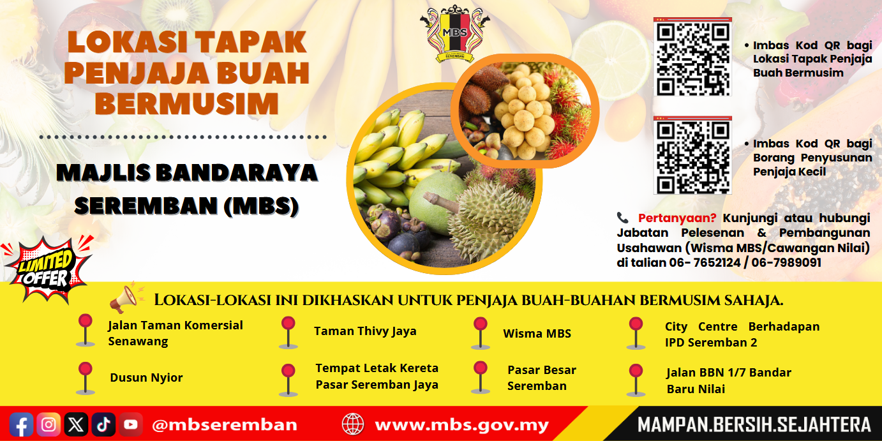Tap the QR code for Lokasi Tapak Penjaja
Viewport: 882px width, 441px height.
tap(692, 58)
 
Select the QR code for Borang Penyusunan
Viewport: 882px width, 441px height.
tap(692, 156)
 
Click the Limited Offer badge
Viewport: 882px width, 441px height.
tap(46, 269)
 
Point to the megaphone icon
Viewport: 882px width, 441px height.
tap(124, 297)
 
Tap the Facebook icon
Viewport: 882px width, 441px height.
tap(22, 424)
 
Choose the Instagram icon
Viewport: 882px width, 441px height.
tap(49, 424)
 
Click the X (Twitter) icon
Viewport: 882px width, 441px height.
tap(76, 424)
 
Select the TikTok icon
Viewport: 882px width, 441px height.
tap(103, 424)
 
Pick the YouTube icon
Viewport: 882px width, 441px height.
tap(130, 424)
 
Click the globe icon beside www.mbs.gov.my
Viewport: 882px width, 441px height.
tap(353, 424)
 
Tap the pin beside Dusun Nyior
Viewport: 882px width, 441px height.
tap(85, 377)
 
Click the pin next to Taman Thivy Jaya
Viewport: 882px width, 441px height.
tap(288, 332)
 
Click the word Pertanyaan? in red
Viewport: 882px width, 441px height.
tap(677, 218)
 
